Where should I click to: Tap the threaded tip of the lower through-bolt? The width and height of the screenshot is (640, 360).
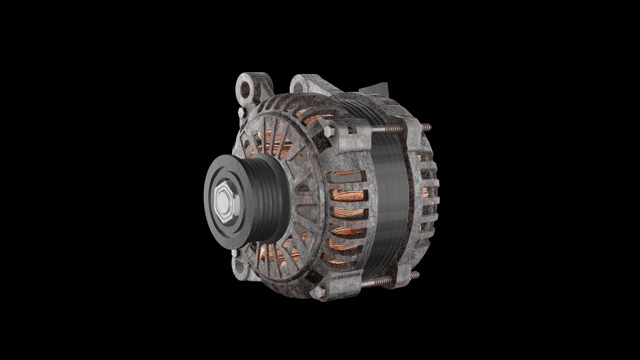click(415, 275)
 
